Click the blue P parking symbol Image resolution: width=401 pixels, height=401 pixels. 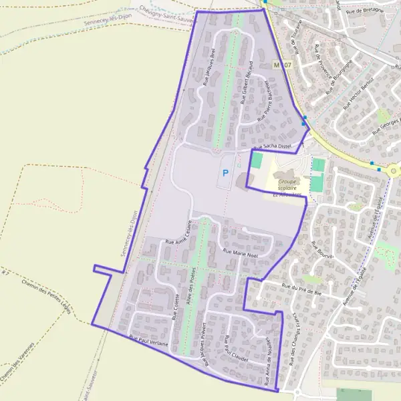[225, 173]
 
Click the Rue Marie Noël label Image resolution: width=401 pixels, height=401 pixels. [241, 253]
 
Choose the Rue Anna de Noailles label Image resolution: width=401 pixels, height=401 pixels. [268, 362]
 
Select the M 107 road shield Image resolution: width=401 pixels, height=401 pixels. [282, 65]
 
